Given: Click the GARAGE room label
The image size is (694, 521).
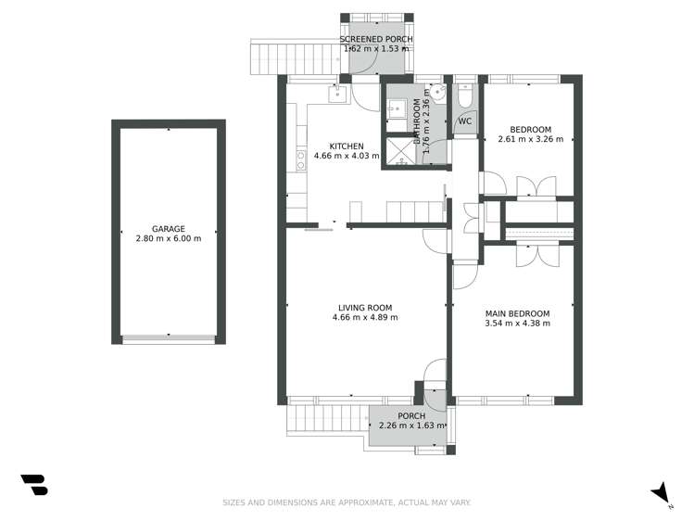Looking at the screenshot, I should (x=169, y=228).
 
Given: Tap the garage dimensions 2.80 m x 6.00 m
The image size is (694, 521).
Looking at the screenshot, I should (x=169, y=238).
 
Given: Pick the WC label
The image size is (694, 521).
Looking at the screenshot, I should (x=465, y=121).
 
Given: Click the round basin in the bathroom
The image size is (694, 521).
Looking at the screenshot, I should (x=439, y=93).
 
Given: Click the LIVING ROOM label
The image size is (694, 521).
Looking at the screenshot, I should (x=364, y=308).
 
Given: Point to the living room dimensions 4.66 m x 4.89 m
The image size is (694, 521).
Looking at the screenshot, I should (x=364, y=318).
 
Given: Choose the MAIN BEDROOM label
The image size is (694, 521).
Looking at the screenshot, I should (x=517, y=313).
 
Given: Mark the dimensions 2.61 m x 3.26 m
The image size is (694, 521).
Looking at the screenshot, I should (x=531, y=139).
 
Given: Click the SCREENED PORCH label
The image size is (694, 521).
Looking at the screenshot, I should (x=375, y=39).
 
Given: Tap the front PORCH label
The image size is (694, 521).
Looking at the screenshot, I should (x=410, y=416).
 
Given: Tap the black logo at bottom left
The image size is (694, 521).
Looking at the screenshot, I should (x=34, y=485).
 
